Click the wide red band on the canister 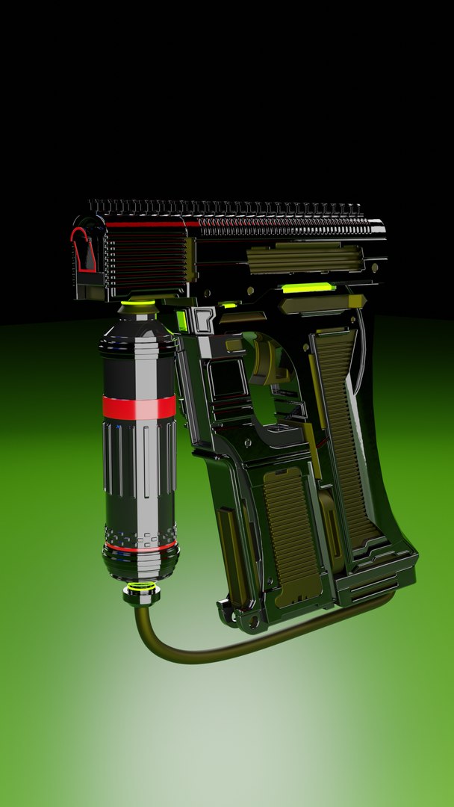pos(139,407)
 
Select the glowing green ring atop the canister pos(138,303)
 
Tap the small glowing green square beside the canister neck pos(181,321)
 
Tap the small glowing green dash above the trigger pos(228,305)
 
